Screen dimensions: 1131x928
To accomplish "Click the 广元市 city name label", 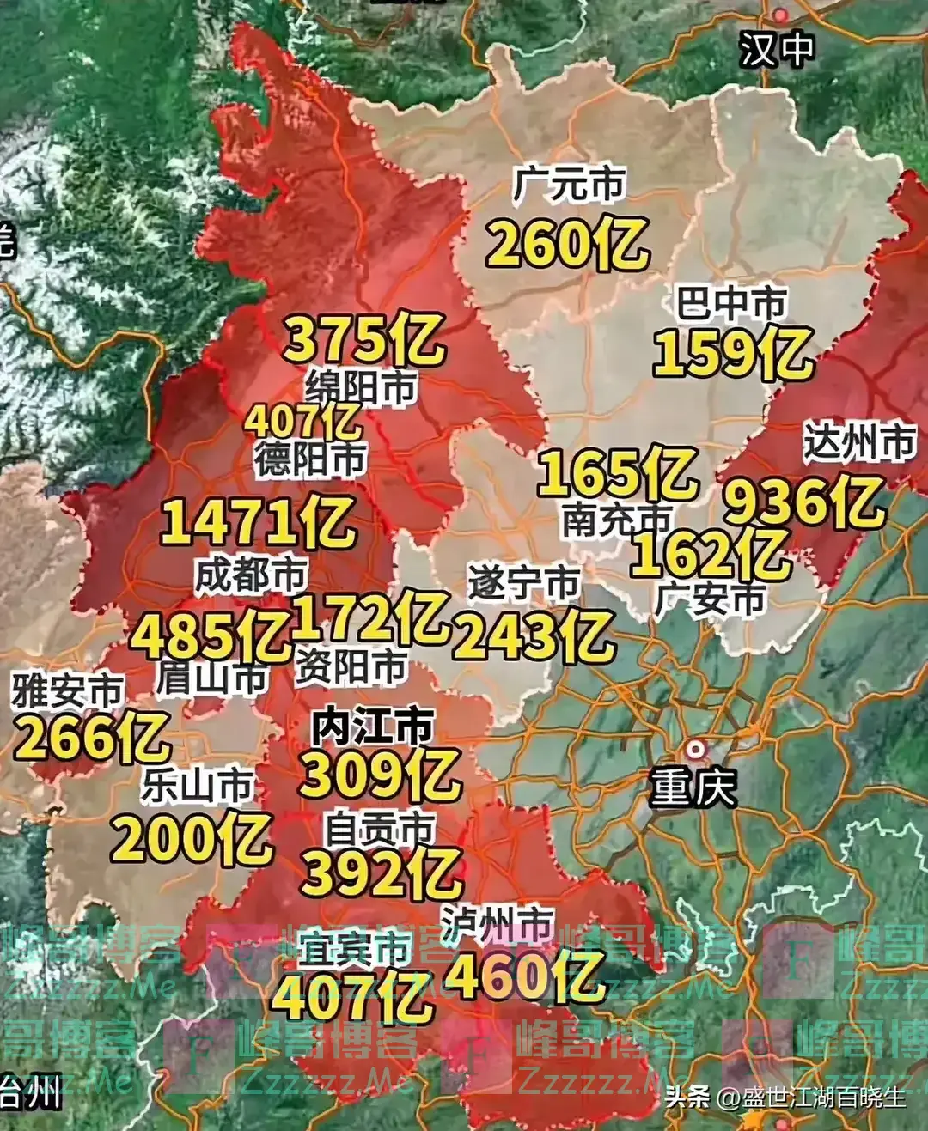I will click(x=569, y=184).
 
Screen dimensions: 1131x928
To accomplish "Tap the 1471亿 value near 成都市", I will click(x=258, y=522).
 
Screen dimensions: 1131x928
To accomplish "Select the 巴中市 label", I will click(x=731, y=303).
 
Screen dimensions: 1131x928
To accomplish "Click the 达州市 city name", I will click(x=859, y=442).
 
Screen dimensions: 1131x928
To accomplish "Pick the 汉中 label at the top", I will click(x=778, y=49).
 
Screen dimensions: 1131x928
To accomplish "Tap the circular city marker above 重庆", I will click(x=694, y=749).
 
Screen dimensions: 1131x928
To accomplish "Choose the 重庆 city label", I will click(x=693, y=787).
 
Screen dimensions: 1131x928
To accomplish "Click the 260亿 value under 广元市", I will click(x=567, y=243).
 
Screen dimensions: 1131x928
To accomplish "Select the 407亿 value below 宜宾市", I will click(x=352, y=997).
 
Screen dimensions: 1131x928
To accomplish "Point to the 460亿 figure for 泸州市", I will click(x=525, y=976).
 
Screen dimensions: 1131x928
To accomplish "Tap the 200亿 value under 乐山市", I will click(x=192, y=839).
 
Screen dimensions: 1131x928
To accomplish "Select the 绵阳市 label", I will click(x=362, y=388).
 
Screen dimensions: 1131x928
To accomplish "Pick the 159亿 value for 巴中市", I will click(x=733, y=353).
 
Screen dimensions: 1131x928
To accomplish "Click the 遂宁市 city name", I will click(x=524, y=584).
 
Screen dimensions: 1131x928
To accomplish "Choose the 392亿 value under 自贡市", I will click(x=382, y=873).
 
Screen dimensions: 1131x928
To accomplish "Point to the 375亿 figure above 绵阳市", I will click(x=364, y=338).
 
